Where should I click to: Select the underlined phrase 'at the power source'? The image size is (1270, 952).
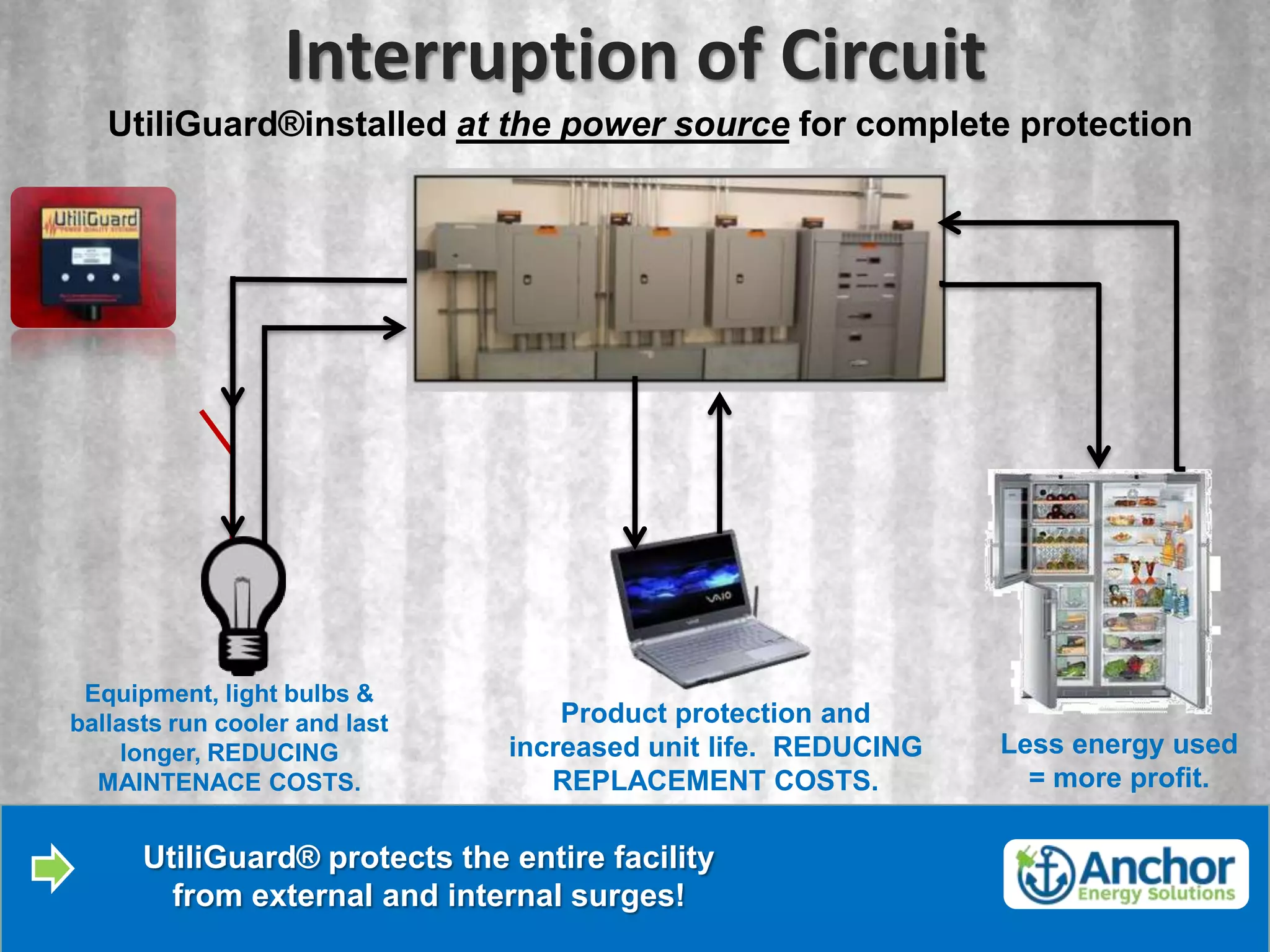click(623, 125)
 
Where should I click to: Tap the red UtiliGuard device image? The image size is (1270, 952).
click(93, 257)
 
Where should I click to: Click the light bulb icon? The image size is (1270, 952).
click(243, 604)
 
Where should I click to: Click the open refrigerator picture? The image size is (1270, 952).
click(1101, 592)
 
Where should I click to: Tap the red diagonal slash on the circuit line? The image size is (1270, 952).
click(215, 430)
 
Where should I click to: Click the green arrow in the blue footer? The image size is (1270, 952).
click(53, 868)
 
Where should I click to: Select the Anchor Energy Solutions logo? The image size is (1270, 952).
click(1126, 874)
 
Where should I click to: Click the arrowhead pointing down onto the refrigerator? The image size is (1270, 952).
click(1099, 456)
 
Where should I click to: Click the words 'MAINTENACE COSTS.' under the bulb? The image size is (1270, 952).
click(229, 782)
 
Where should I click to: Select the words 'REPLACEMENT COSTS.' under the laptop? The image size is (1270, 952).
click(715, 780)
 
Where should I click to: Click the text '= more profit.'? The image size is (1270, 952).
click(1119, 778)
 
